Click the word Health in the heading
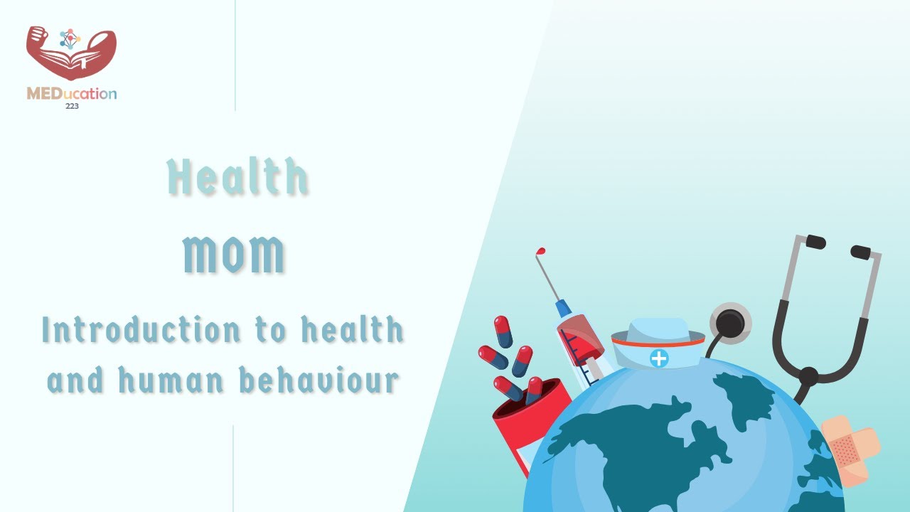click(x=238, y=178)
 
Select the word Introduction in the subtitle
click(x=140, y=330)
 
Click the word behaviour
click(x=318, y=380)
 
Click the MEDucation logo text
click(x=72, y=94)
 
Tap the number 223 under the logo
click(x=72, y=106)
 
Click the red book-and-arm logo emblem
click(x=70, y=54)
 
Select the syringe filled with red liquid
click(x=579, y=341)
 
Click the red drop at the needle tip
click(x=541, y=252)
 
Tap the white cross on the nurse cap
click(x=659, y=358)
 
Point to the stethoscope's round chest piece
click(x=730, y=323)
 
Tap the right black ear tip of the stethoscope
click(x=861, y=251)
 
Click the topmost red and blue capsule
click(x=503, y=331)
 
